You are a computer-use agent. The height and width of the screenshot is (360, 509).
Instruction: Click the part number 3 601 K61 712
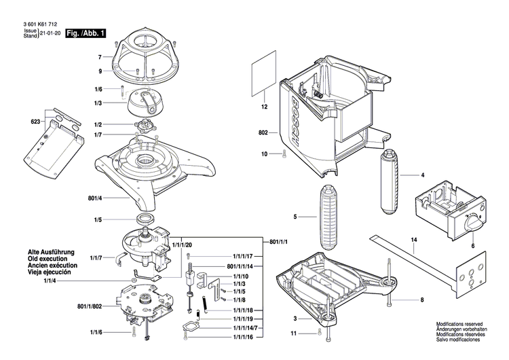33,22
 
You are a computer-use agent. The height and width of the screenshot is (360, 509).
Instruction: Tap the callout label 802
263,132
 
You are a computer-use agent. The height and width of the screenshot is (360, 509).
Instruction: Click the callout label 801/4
96,198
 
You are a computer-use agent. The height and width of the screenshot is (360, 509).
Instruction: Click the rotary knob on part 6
473,223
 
